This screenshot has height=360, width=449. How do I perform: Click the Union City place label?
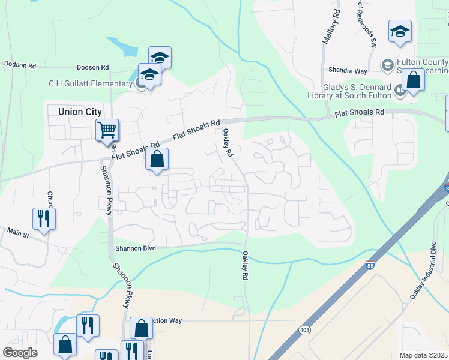pyautogui.click(x=80, y=112)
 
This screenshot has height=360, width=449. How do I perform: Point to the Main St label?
pyautogui.click(x=18, y=231)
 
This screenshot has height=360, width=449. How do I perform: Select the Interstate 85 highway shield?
pyautogui.click(x=371, y=265)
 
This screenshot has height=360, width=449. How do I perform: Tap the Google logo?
pyautogui.click(x=20, y=353)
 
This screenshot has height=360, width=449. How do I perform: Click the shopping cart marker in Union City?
pyautogui.click(x=107, y=129)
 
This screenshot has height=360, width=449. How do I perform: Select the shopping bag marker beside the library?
pyautogui.click(x=414, y=80)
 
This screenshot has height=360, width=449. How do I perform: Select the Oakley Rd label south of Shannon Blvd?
pyautogui.click(x=246, y=266)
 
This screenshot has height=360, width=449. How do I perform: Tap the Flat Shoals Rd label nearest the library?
pyautogui.click(x=360, y=112)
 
